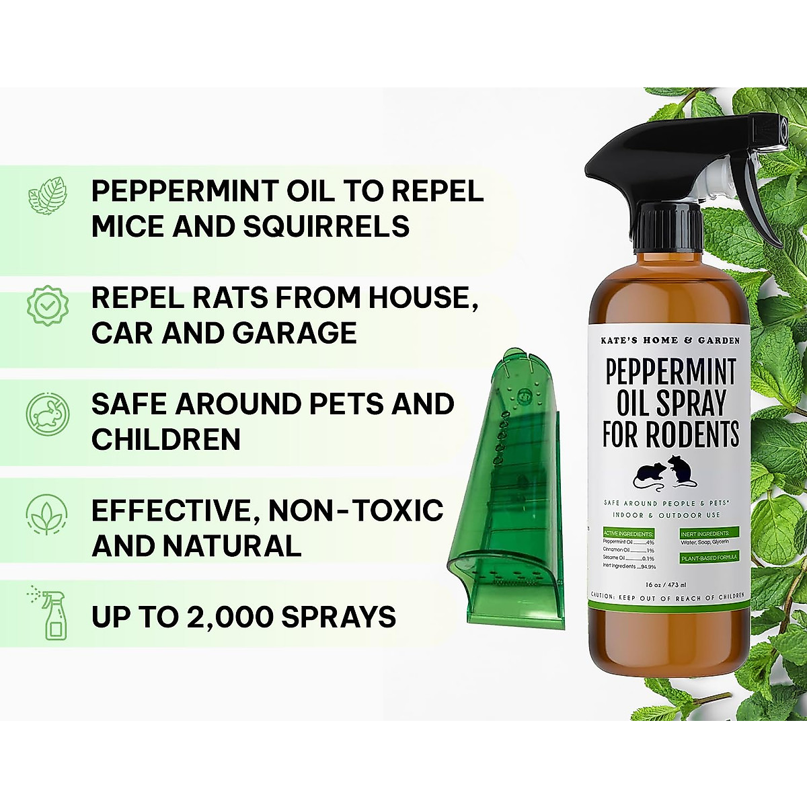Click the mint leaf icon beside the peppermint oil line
click(47, 196)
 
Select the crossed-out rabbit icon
click(47, 412)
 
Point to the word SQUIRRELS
click(326, 227)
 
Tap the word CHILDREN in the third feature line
click(166, 440)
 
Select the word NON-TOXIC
click(356, 511)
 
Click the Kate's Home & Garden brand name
click(670, 340)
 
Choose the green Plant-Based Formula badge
click(709, 558)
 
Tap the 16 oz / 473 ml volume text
click(664, 584)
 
